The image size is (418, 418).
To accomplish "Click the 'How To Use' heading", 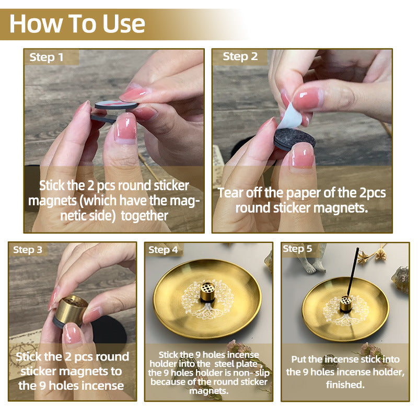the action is point(77,24).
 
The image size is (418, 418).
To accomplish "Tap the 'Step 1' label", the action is point(47,57).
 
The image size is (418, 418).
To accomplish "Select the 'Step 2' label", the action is point(240,56).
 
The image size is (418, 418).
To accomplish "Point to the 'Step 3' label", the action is point(28,250).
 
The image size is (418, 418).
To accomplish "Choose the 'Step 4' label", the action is point(163,250).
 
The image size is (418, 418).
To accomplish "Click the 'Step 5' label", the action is point(297,249).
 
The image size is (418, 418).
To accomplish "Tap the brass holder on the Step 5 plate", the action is point(346,304).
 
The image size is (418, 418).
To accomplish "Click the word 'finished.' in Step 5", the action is point(345,385).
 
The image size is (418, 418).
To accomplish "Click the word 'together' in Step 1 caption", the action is point(144,215).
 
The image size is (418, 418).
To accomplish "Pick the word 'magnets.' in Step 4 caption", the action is point(208,391).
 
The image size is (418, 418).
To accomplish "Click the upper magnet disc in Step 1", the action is point(116,105).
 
